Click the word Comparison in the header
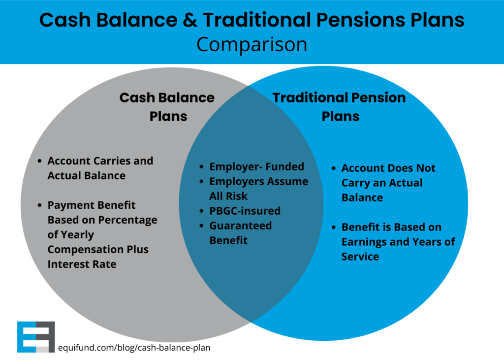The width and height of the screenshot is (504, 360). tap(252, 44)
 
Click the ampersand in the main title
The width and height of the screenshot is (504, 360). tap(191, 20)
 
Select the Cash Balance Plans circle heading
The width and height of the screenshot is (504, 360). tap(167, 107)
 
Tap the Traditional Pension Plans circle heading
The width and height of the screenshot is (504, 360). tap(340, 107)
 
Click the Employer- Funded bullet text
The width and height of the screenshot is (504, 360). tap(257, 167)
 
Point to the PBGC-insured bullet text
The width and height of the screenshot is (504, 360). tap(245, 211)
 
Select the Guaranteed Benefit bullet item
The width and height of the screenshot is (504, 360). tap(241, 233)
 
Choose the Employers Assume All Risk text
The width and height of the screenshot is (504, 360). tap(258, 189)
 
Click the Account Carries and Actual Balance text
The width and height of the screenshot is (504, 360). tap(100, 168)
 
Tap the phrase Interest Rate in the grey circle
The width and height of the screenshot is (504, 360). tap(82, 264)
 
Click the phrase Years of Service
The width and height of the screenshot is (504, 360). tap(399, 249)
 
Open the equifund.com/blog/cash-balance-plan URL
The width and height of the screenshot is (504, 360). tap(134, 348)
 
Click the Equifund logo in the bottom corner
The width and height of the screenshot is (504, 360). tap(36, 337)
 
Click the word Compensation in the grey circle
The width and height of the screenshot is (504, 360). tap(82, 250)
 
